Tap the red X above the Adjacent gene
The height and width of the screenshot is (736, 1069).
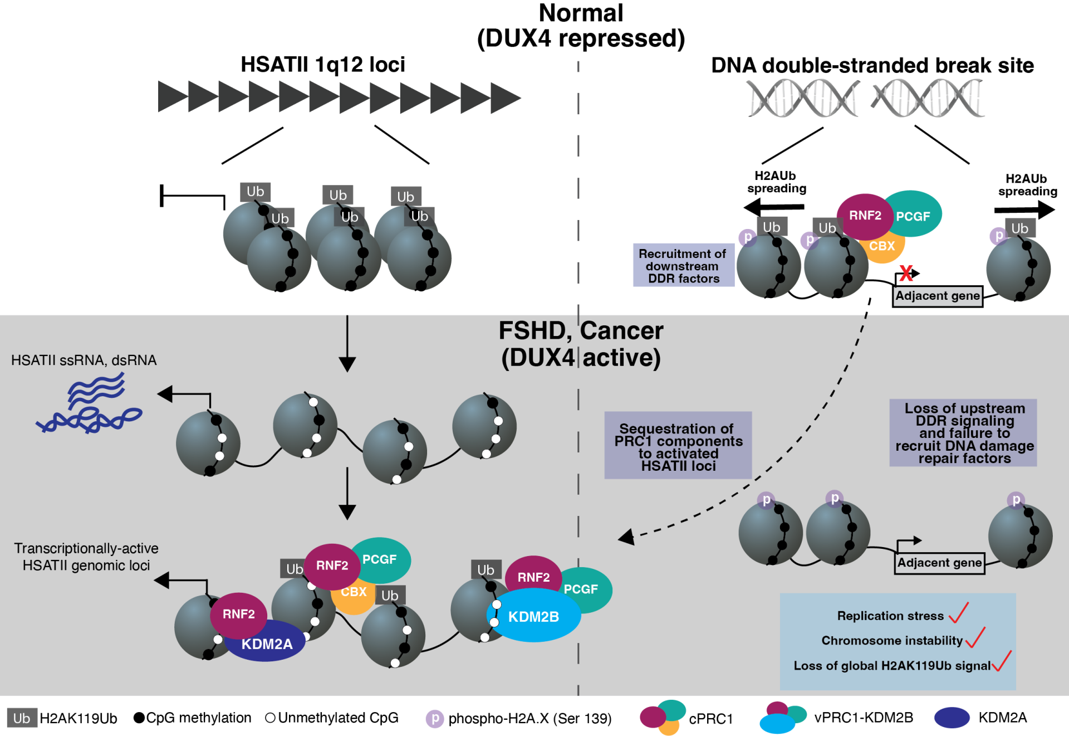(x=906, y=273)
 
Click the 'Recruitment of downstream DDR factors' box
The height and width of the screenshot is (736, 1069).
(x=683, y=266)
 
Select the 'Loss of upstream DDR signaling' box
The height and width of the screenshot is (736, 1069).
(x=963, y=433)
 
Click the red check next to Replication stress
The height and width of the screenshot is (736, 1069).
(x=959, y=612)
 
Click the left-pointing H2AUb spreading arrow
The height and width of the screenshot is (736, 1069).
(x=773, y=208)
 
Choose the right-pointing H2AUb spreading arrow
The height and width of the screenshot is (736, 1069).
(x=1024, y=210)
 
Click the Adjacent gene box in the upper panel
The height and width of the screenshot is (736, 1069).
(x=938, y=296)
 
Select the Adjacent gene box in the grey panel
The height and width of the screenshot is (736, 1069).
(x=939, y=563)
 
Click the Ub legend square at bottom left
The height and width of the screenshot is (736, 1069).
(x=22, y=718)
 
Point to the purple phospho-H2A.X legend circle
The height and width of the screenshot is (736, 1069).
(x=434, y=718)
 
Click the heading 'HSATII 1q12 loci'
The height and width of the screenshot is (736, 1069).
(x=322, y=65)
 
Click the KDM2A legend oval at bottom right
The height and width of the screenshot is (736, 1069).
(x=952, y=718)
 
